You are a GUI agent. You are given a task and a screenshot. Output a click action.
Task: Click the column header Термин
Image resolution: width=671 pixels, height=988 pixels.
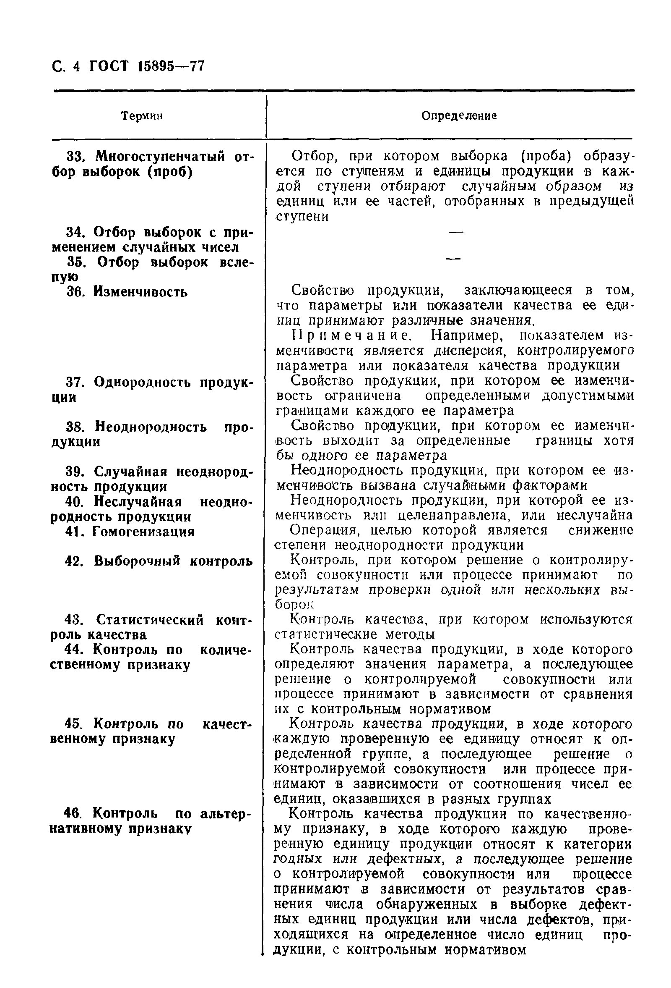(142, 116)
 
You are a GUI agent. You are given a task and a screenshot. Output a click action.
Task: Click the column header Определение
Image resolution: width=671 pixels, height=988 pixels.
(459, 116)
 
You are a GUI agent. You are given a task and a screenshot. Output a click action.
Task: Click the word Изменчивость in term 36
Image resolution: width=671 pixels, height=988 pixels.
(140, 292)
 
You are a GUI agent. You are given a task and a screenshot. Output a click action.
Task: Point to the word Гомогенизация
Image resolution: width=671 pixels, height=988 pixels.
(143, 532)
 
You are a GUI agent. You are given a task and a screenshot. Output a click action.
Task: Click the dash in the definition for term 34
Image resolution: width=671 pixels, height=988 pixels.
(455, 232)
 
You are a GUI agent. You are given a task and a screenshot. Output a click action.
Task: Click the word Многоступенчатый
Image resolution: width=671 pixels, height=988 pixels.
(161, 157)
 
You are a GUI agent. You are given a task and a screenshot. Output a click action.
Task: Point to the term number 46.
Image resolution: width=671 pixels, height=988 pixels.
(72, 814)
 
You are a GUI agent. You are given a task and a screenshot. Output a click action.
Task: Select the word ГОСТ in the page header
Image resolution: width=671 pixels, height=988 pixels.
(108, 67)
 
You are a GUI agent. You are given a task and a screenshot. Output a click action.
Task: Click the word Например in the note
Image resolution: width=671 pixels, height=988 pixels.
(467, 336)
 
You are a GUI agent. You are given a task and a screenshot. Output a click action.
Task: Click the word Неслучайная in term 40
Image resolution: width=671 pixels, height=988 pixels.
(138, 502)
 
